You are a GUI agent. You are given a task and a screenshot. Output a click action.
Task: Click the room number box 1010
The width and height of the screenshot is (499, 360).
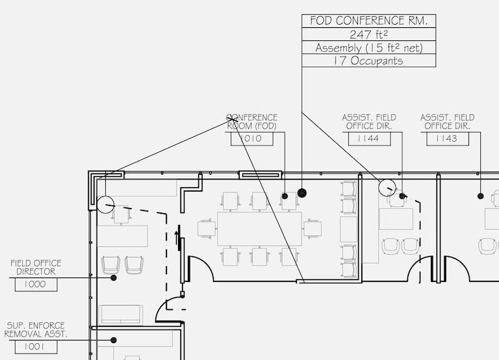click(249, 138)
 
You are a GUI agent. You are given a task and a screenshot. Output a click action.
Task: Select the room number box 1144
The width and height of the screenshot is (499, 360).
click(369, 138)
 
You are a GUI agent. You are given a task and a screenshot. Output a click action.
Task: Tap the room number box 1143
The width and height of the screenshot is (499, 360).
click(446, 138)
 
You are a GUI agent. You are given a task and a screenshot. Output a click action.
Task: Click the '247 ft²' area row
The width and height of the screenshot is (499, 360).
click(369, 34)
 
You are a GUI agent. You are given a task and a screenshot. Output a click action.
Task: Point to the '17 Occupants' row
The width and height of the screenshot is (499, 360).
click(369, 60)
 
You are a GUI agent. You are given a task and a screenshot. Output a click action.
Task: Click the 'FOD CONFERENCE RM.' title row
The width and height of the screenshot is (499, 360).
click(369, 21)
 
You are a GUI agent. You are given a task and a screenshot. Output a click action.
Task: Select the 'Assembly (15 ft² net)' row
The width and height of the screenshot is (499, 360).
click(369, 47)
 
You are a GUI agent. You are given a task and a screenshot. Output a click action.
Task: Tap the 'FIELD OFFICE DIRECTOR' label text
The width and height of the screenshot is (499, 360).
click(36, 267)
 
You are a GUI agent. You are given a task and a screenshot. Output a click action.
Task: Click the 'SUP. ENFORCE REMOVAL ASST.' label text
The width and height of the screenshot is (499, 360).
click(36, 329)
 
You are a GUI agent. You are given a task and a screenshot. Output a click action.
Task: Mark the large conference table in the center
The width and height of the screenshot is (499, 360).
click(260, 229)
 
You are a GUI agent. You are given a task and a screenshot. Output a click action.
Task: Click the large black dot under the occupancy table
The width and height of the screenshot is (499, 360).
click(301, 193)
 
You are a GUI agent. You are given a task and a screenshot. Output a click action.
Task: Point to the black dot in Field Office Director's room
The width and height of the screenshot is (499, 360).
click(114, 277)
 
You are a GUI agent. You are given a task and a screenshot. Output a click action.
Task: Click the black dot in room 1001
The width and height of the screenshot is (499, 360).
click(114, 340)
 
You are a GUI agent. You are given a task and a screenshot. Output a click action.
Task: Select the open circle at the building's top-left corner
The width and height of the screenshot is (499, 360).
click(105, 205)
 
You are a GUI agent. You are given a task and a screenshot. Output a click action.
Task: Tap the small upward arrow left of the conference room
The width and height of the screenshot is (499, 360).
click(177, 234)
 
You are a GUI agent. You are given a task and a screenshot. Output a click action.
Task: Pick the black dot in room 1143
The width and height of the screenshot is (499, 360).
click(480, 196)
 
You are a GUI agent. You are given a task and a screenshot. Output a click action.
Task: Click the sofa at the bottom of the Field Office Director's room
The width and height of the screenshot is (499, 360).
click(122, 315)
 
